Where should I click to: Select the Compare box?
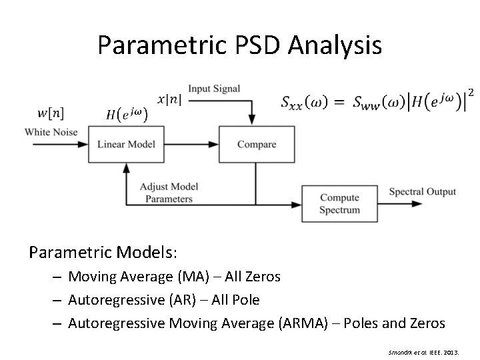click(256, 144)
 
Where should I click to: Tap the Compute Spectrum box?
click(339, 203)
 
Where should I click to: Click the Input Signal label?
click(214, 89)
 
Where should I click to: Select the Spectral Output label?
click(423, 191)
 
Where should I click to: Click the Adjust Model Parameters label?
click(169, 193)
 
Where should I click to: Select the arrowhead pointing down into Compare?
click(251, 120)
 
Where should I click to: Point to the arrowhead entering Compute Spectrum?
click(297, 203)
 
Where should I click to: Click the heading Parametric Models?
click(103, 253)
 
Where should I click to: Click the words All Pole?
click(235, 300)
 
